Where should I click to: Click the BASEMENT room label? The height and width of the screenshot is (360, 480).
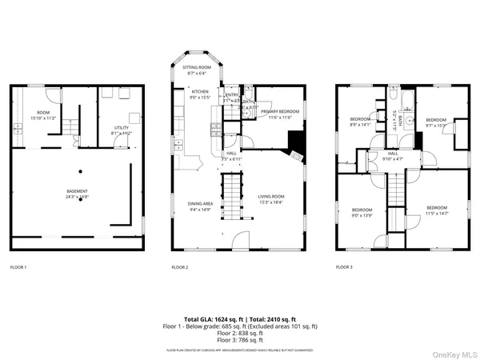pos(78,194)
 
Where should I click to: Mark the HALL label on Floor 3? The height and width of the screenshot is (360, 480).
pos(393,154)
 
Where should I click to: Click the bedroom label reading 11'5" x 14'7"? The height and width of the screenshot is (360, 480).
pos(437,210)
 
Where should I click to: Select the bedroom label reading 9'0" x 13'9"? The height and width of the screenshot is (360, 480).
pos(362,214)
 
